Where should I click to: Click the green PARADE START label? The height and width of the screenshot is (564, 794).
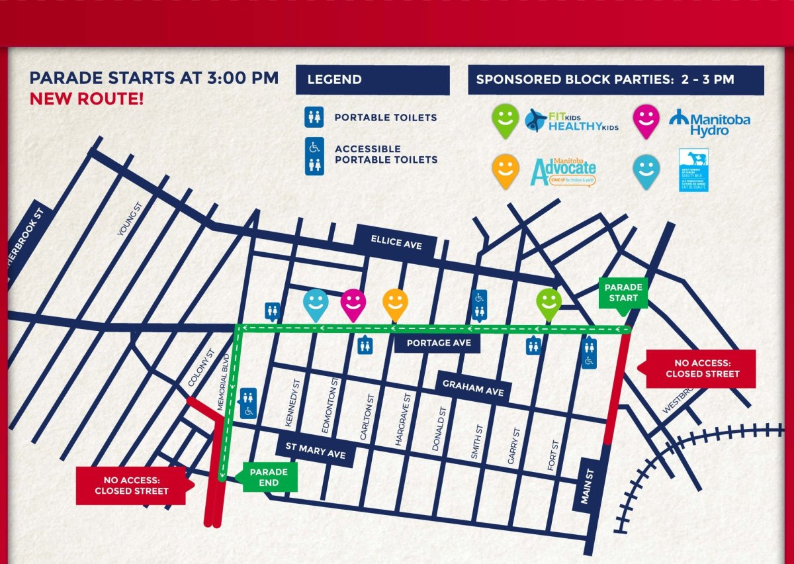tap(623, 292)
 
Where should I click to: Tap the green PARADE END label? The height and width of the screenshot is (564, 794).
tap(269, 477)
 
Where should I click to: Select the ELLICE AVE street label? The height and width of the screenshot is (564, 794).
tap(396, 242)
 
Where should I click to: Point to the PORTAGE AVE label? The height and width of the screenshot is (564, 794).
tap(438, 343)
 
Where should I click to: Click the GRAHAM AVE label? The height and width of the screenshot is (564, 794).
tap(474, 387)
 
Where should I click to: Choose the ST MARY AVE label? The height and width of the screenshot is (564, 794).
tap(315, 451)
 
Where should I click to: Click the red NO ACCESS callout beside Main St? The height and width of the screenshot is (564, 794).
tap(702, 369)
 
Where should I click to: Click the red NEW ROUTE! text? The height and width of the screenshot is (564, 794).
tap(86, 99)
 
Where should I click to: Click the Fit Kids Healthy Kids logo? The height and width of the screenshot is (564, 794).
tap(572, 120)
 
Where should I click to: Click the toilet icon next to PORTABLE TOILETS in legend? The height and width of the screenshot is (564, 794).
tap(314, 118)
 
